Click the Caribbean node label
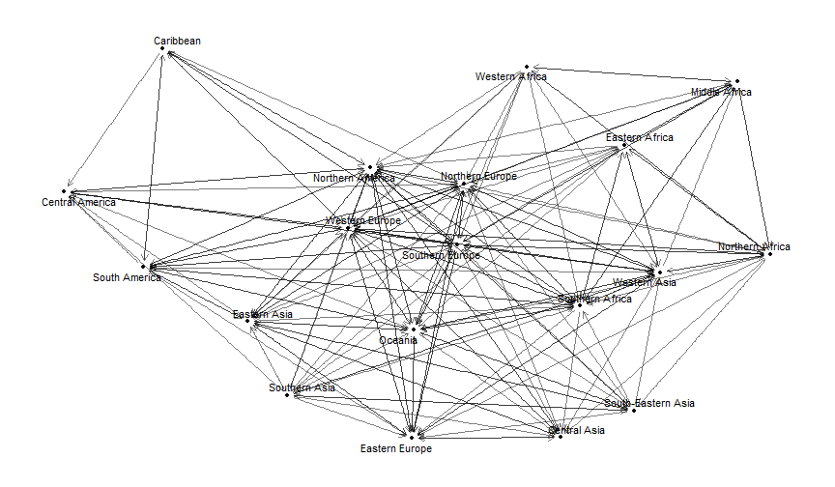pos(177,41)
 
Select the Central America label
pos(78,203)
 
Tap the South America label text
pos(127,277)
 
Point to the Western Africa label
pos(511,76)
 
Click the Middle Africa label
pos(721,92)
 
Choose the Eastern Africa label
pos(640,137)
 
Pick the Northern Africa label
pos(754,246)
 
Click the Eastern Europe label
pos(396,448)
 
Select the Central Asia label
pos(577,430)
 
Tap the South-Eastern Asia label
pos(649,403)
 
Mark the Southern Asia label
pos(302,387)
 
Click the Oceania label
pos(397,340)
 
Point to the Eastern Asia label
pos(262,315)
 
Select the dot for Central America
pos(64,191)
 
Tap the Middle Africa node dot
pos(736,81)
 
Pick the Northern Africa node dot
pos(770,254)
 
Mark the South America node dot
pos(143,266)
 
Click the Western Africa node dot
pos(526,66)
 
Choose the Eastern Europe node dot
pos(411,437)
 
